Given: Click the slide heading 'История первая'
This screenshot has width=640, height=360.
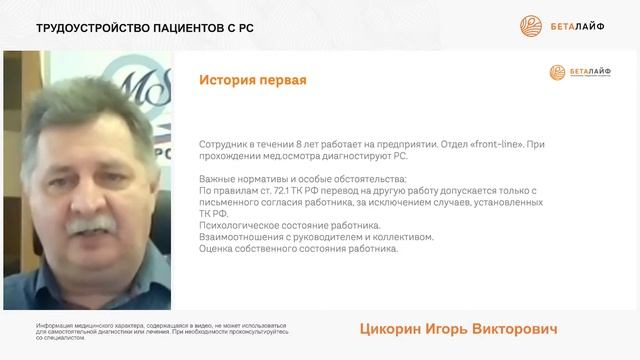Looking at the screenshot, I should coord(252,80).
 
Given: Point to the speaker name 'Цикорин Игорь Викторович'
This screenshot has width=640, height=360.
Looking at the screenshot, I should coord(457,329).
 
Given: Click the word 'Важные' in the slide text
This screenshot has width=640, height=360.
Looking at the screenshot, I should coord(218,177).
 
